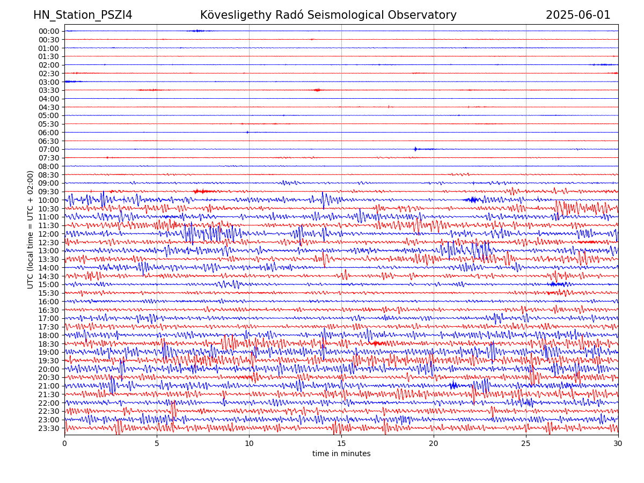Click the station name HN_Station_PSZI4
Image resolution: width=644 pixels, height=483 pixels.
[83, 15]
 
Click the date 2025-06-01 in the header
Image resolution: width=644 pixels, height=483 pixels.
[578, 15]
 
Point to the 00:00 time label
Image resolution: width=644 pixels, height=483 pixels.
[49, 31]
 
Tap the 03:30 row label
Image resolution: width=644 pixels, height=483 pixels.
[49, 90]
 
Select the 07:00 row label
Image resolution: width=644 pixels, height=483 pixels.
[49, 149]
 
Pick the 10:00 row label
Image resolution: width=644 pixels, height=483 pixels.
[49, 200]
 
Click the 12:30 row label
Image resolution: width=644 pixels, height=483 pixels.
[49, 243]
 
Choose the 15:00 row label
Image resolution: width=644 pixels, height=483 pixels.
[49, 284]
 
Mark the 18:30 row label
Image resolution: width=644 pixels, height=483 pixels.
[49, 344]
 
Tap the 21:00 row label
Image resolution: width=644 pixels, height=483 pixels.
[49, 386]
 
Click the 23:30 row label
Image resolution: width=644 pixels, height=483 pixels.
[49, 428]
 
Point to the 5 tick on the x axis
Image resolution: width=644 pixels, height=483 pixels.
[157, 443]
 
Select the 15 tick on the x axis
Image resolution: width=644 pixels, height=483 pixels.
[341, 443]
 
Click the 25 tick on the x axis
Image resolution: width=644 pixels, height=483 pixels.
[526, 443]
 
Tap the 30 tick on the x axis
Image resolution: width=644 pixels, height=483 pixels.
[618, 443]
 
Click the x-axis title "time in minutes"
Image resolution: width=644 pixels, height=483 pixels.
[341, 453]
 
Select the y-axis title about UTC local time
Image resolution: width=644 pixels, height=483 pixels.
[31, 230]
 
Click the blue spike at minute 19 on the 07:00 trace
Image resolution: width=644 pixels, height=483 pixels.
[415, 149]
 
